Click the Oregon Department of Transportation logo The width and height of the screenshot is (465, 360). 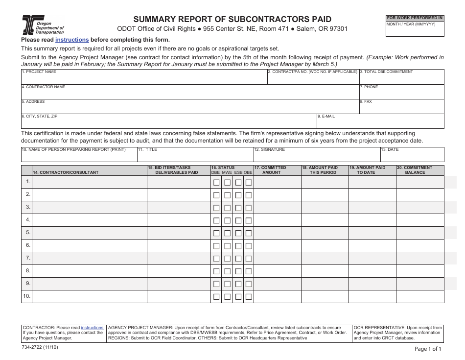point(43,24)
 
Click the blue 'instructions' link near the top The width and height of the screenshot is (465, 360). point(72,40)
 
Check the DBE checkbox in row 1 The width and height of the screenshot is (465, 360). point(216,182)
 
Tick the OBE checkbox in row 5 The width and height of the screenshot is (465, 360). point(249,233)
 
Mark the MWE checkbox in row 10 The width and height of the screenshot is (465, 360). point(227,296)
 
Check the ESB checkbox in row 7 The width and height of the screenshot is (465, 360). point(238,259)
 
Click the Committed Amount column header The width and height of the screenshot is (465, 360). point(277,170)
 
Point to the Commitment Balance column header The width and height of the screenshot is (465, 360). point(419,170)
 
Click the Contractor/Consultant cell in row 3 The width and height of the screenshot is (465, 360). point(89,207)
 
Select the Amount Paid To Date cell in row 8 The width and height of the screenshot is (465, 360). point(372,271)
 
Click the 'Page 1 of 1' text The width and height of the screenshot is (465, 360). point(427,349)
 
